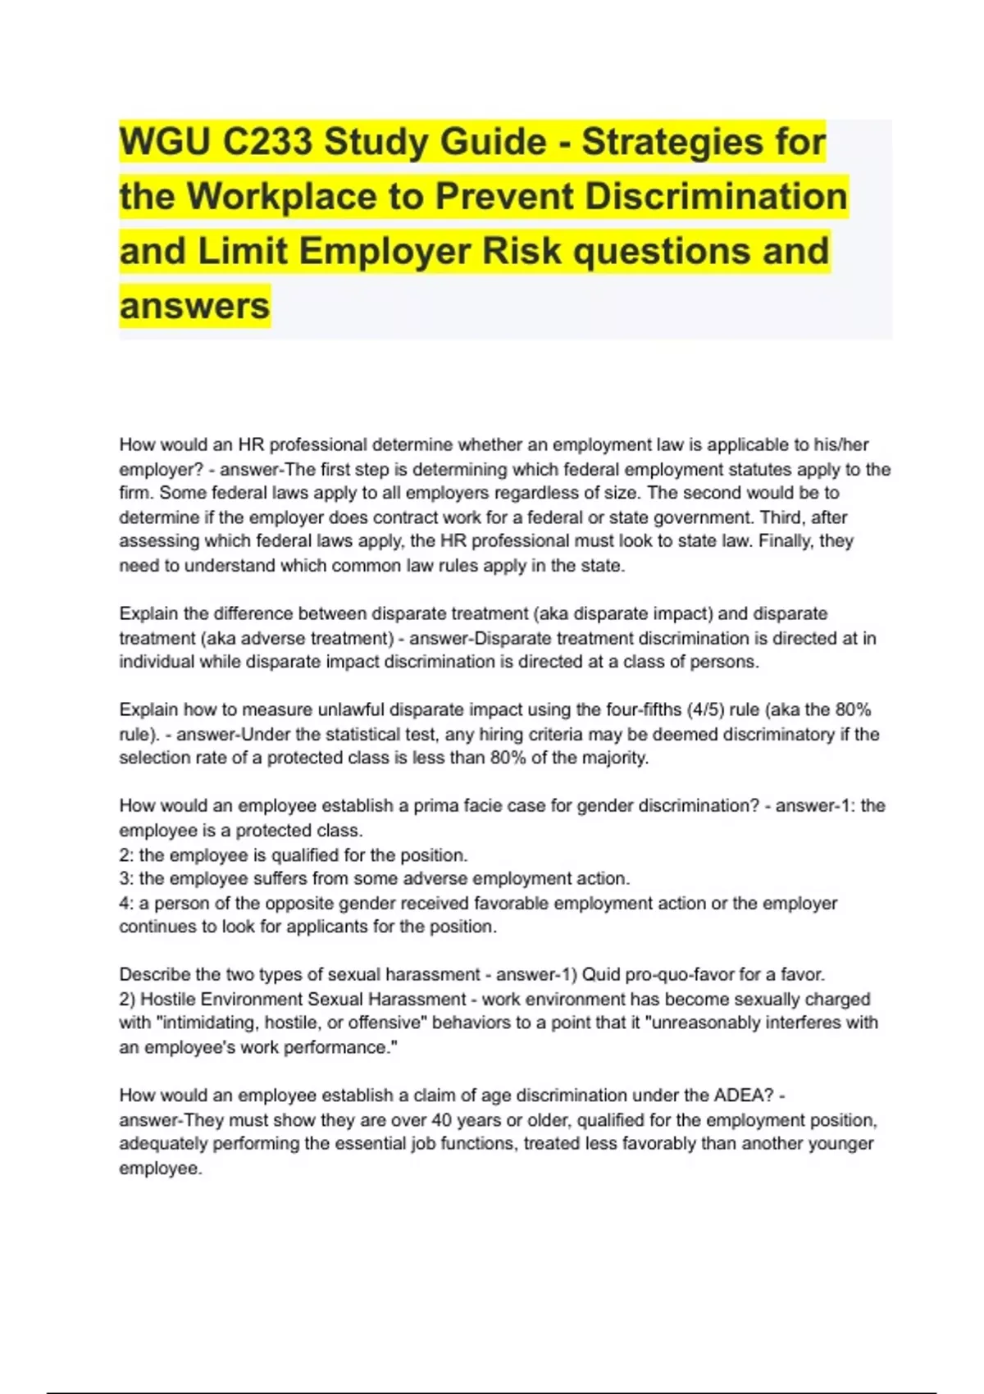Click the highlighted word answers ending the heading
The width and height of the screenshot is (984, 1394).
click(194, 306)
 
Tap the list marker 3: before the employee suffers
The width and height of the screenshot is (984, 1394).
click(126, 879)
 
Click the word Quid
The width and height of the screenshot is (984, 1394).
click(601, 975)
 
